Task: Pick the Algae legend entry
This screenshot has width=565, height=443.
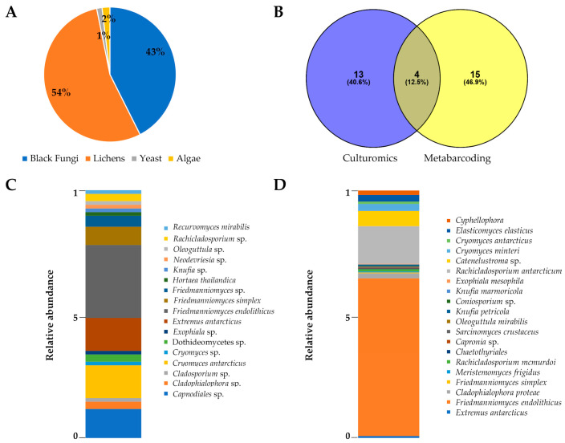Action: [x=207, y=160]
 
